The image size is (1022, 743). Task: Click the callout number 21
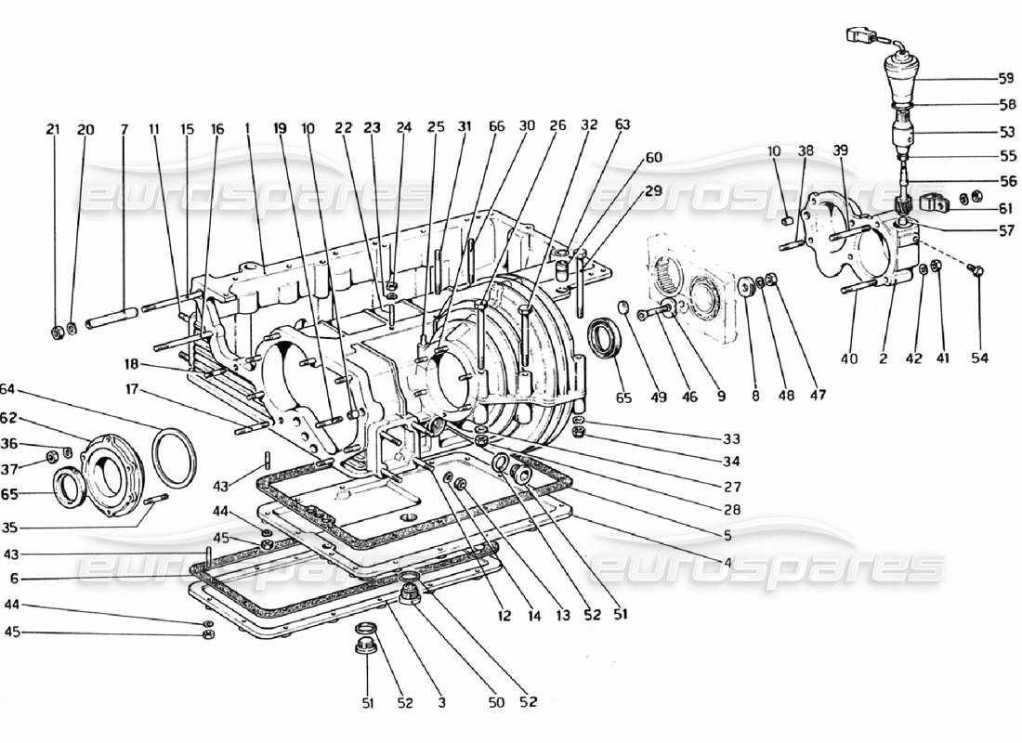pos(53,131)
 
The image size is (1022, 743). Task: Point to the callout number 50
pos(496,703)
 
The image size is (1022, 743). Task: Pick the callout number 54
pos(980,358)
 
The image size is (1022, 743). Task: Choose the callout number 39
pos(840,150)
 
